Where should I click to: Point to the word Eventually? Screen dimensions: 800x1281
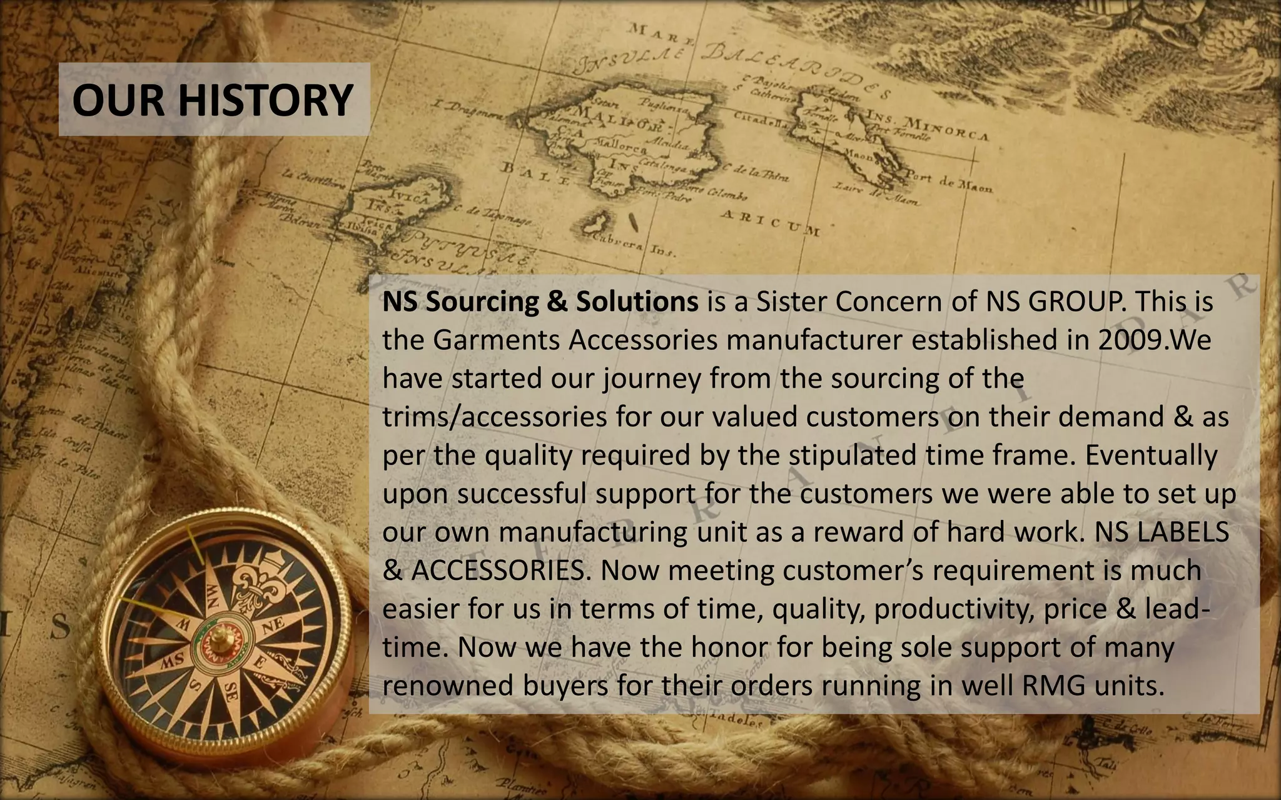[1151, 455]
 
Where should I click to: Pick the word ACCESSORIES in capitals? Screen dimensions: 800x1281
[498, 571]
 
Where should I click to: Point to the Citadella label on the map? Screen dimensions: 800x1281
[761, 118]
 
